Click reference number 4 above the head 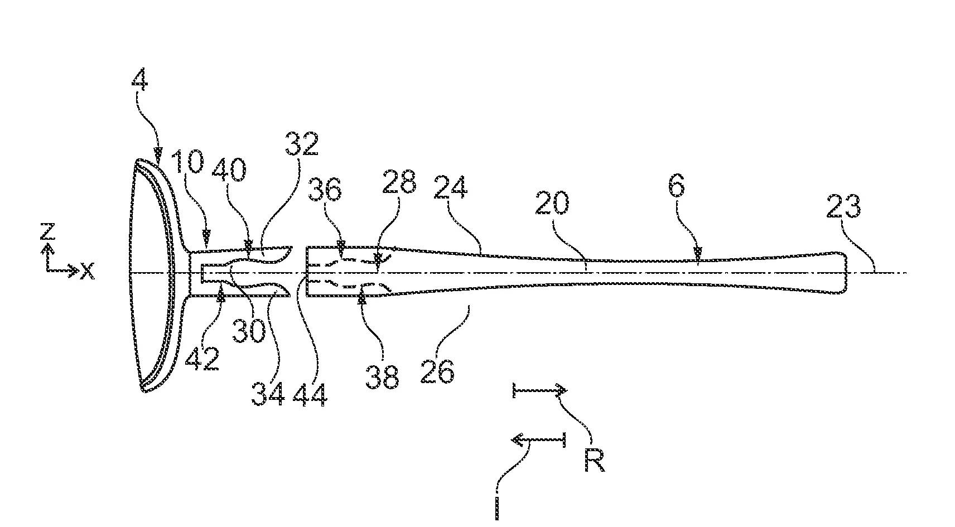139,80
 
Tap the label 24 451,187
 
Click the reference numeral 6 677,186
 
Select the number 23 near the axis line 844,206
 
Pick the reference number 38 383,376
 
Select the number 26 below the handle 437,371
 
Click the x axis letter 88,270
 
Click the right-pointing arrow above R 540,390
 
